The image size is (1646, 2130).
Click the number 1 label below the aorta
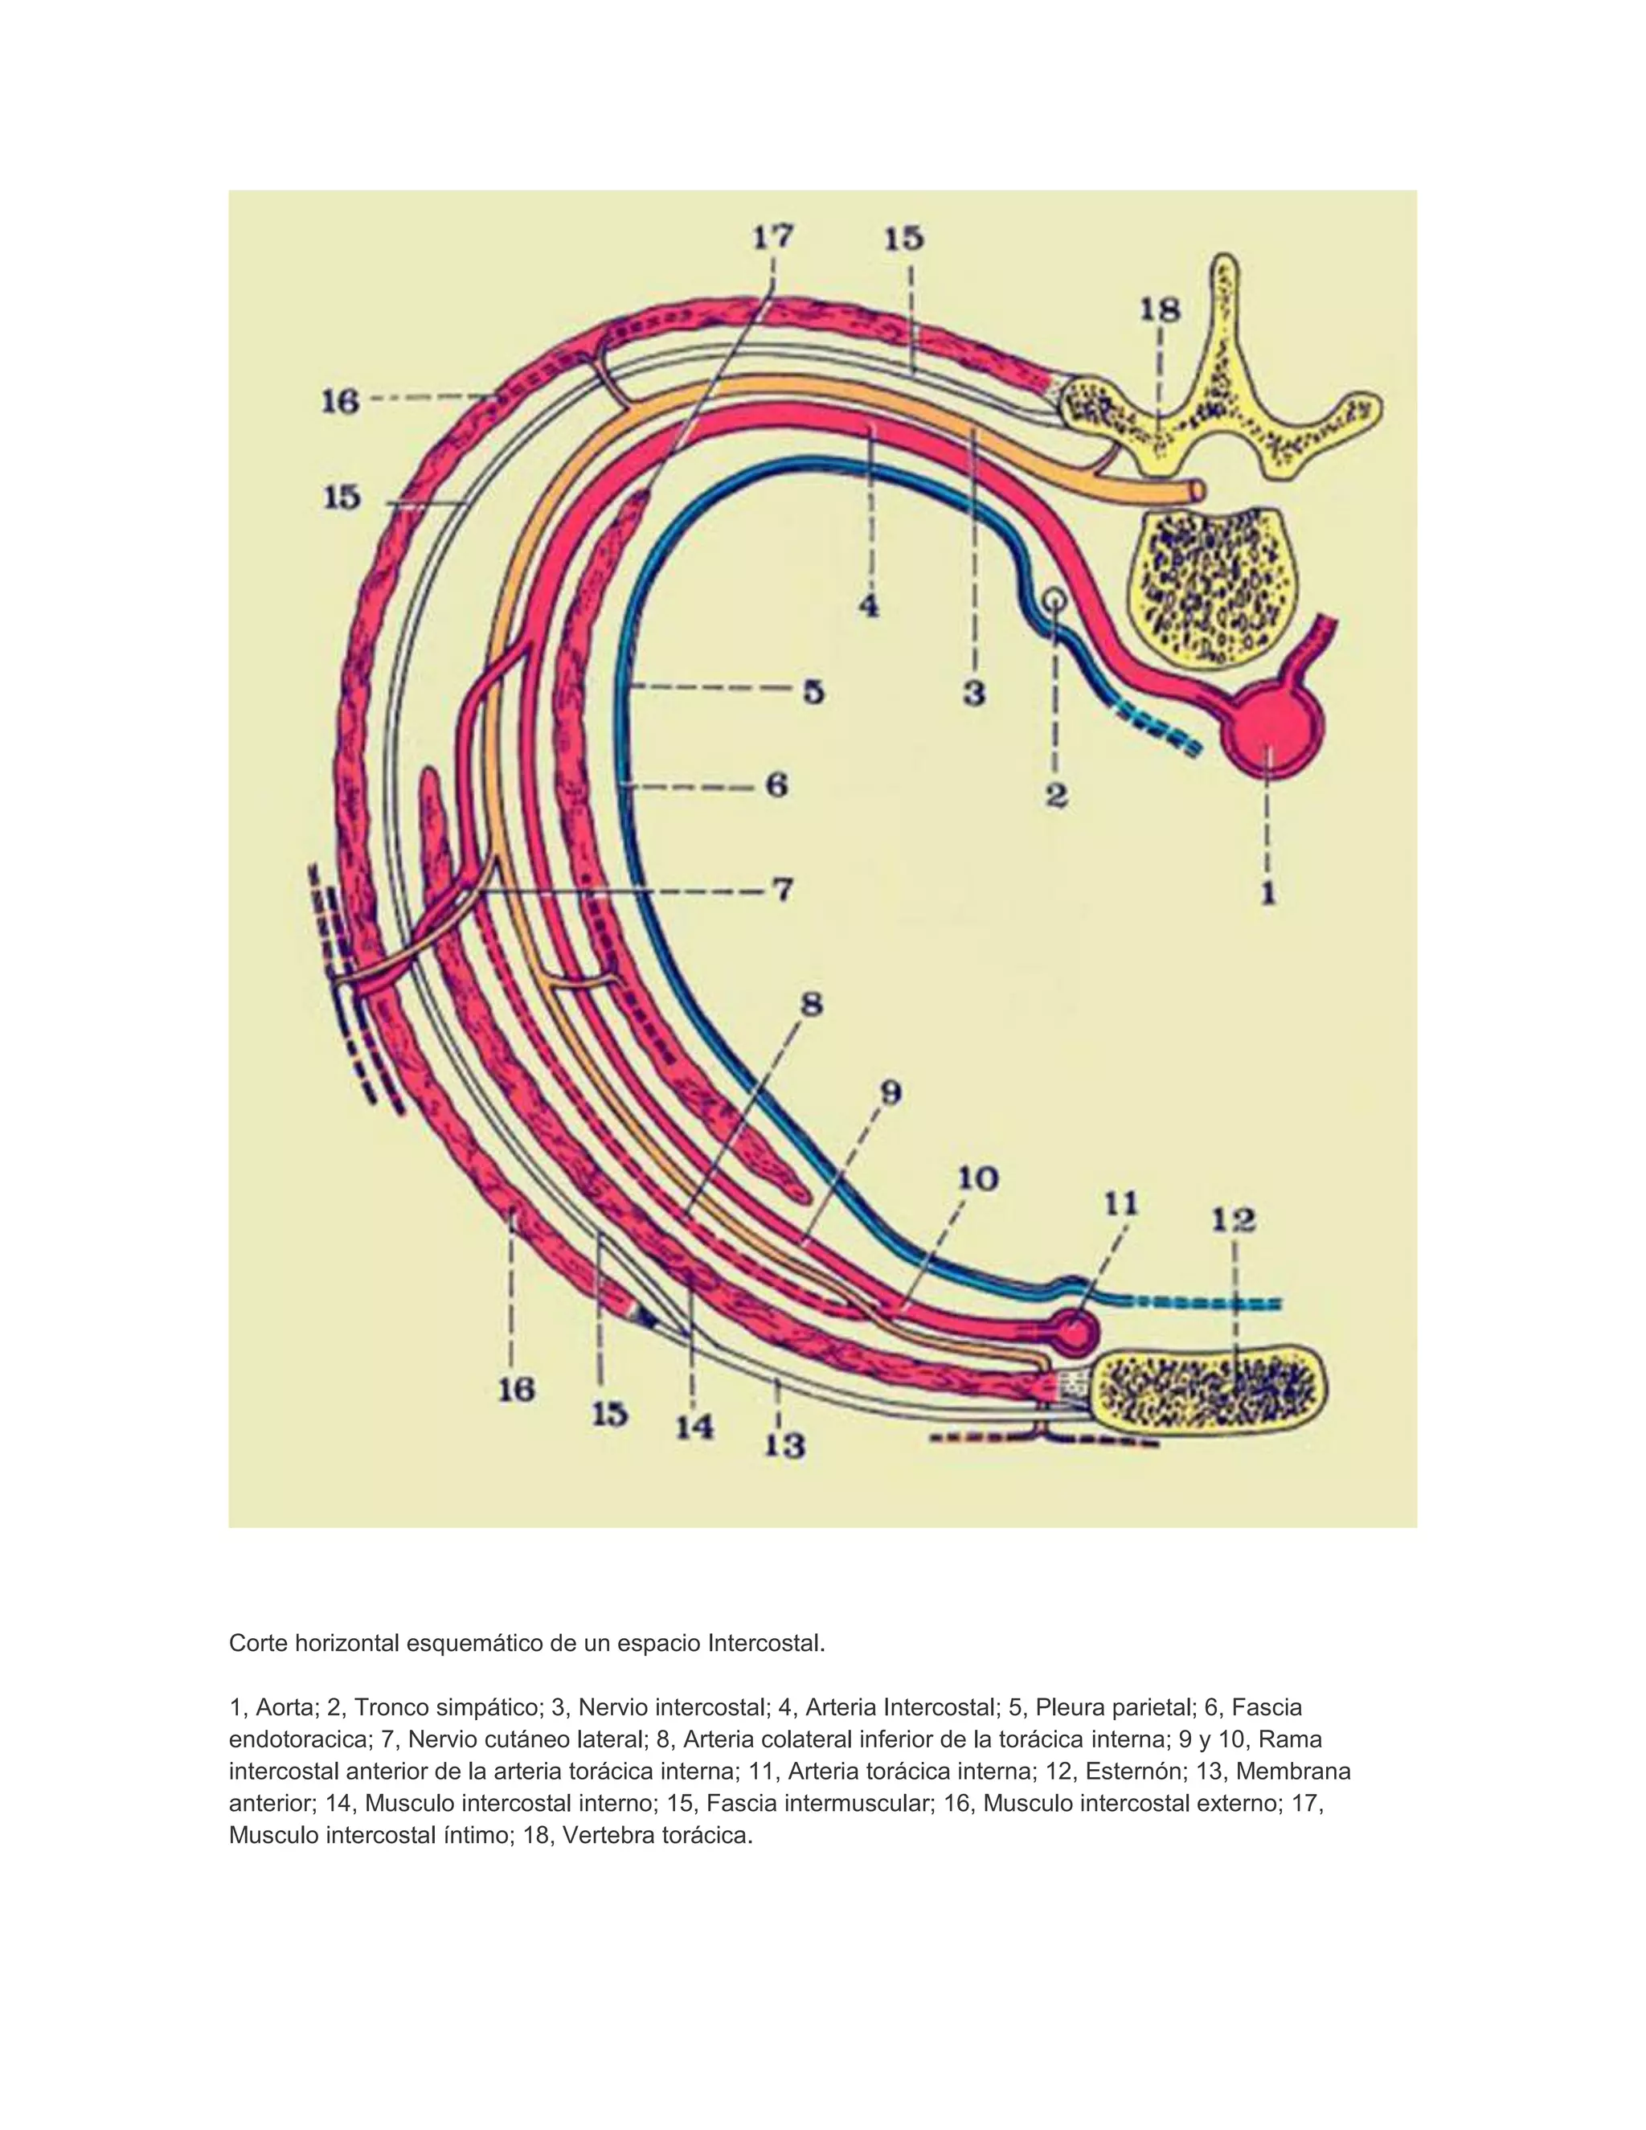point(1268,891)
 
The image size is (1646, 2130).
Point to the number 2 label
point(1056,796)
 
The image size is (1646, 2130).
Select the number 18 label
point(1161,310)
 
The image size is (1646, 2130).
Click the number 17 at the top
point(773,237)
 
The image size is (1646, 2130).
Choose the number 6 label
point(777,785)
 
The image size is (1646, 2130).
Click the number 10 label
point(977,1179)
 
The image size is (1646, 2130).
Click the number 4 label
point(869,606)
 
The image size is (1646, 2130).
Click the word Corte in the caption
point(259,1644)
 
